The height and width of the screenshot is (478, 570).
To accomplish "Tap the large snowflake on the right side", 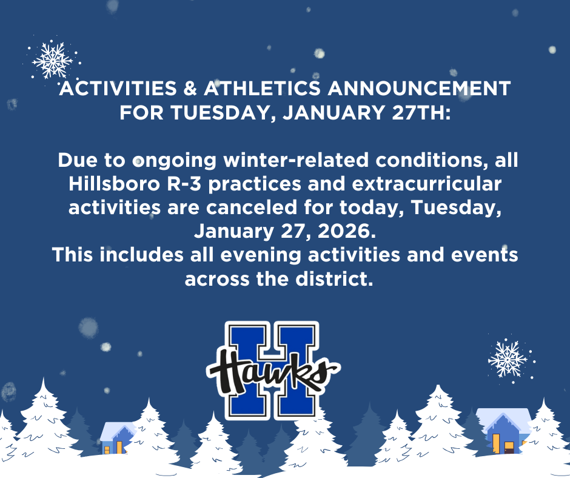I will coord(508,358).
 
